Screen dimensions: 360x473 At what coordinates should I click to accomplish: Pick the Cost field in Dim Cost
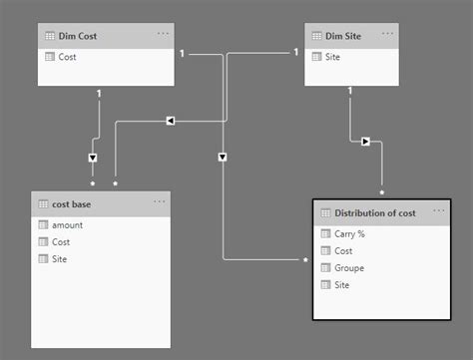68,57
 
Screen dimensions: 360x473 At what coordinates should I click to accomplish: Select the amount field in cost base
67,225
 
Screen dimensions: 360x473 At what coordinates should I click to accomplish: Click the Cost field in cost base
62,242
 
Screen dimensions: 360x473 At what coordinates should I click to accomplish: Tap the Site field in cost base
60,259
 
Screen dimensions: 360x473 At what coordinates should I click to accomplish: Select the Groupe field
350,268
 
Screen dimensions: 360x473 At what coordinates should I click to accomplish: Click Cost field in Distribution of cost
344,251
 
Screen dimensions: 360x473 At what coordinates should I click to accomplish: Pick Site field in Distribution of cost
342,285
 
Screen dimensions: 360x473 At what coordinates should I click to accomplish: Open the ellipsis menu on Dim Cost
163,34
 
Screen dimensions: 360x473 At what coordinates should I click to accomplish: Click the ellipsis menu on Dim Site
387,34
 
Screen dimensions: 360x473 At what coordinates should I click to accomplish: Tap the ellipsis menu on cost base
159,202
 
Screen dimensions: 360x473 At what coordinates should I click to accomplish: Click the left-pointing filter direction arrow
170,121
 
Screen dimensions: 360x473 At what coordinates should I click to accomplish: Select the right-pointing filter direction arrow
365,142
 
